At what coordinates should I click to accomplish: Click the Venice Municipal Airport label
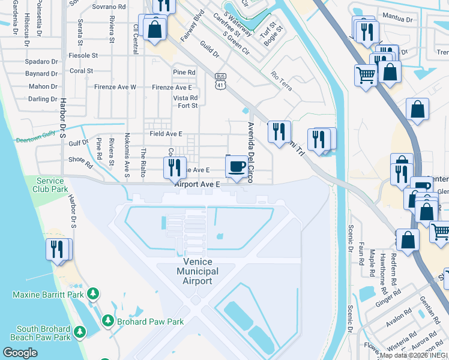coord(197,272)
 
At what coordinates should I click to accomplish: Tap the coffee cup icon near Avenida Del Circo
coord(236,166)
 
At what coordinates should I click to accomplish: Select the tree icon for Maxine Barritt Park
coord(92,294)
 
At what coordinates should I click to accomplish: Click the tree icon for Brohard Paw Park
coord(107,321)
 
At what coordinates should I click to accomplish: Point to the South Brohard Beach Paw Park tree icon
coord(79,332)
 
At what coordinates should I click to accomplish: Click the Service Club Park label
coord(50,185)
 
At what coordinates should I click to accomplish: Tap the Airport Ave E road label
coord(197,184)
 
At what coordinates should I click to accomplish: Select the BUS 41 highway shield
coord(220,81)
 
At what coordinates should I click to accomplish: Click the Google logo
coord(20,352)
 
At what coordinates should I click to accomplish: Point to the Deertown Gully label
coord(36,140)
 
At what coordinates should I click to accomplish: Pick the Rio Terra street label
coord(281,80)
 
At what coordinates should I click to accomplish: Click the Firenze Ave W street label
coord(115,87)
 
